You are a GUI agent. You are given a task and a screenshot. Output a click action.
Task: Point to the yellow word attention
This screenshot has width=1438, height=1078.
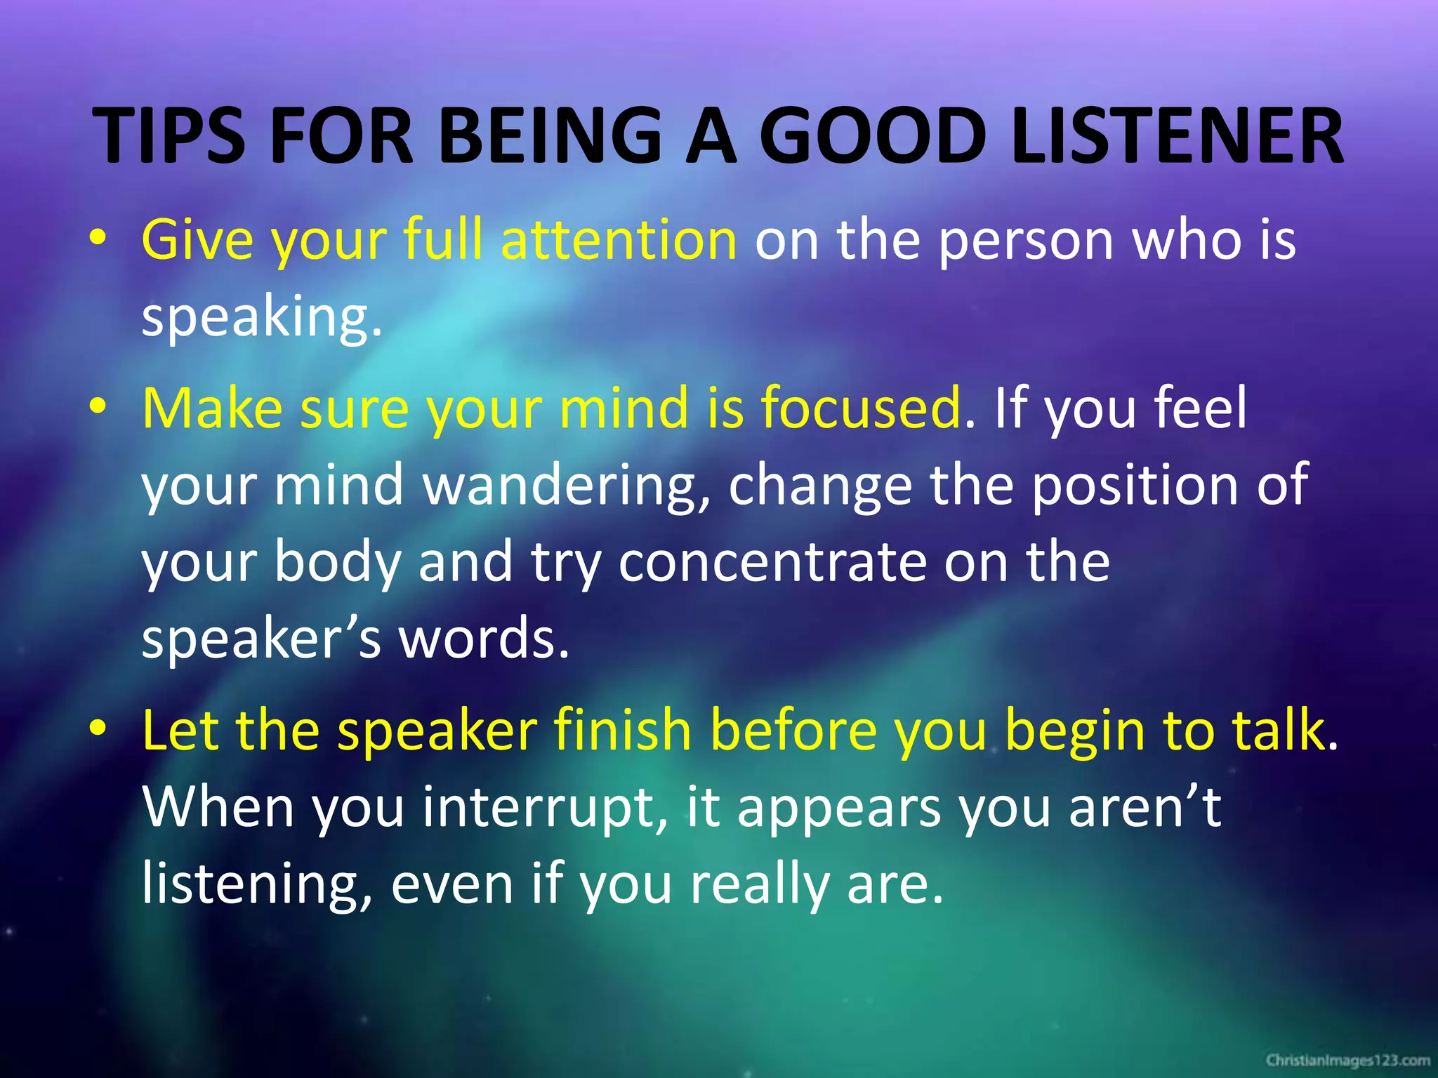[x=618, y=241]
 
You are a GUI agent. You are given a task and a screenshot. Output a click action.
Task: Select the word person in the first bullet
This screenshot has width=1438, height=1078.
[x=1026, y=241]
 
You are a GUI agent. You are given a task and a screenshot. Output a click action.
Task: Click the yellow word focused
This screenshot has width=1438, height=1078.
[x=861, y=408]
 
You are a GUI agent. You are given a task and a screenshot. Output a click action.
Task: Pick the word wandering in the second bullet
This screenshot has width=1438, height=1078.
[x=565, y=485]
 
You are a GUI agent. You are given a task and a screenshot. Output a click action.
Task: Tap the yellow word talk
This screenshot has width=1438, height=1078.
[x=1278, y=731]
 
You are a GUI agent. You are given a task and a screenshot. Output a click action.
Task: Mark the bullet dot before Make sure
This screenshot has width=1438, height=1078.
[x=98, y=407]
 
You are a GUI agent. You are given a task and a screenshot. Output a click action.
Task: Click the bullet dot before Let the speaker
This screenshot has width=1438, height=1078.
[x=98, y=730]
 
